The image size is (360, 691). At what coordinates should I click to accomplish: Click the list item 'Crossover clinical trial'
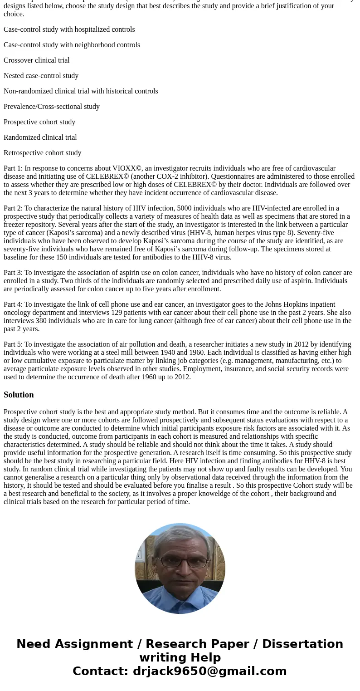pyautogui.click(x=37, y=60)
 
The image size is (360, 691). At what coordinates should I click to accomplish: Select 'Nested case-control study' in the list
pyautogui.click(x=41, y=76)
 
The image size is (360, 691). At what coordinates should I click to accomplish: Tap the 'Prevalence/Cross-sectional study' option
pyautogui.click(x=52, y=107)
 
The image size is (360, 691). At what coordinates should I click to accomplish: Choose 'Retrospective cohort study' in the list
pyautogui.click(x=43, y=153)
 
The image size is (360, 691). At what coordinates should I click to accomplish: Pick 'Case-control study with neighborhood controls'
pyautogui.click(x=72, y=45)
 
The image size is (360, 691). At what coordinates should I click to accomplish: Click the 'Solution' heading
pyautogui.click(x=19, y=395)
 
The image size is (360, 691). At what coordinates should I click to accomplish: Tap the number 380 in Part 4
pyautogui.click(x=41, y=321)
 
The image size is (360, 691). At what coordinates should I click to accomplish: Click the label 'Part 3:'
pyautogui.click(x=13, y=273)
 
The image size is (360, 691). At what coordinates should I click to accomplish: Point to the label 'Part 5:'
pyautogui.click(x=13, y=344)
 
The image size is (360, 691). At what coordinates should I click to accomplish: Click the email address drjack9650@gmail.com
pyautogui.click(x=209, y=671)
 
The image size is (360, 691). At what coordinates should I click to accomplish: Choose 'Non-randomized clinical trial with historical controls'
pyautogui.click(x=81, y=91)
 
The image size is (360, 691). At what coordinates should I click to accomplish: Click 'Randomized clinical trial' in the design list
pyautogui.click(x=40, y=137)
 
